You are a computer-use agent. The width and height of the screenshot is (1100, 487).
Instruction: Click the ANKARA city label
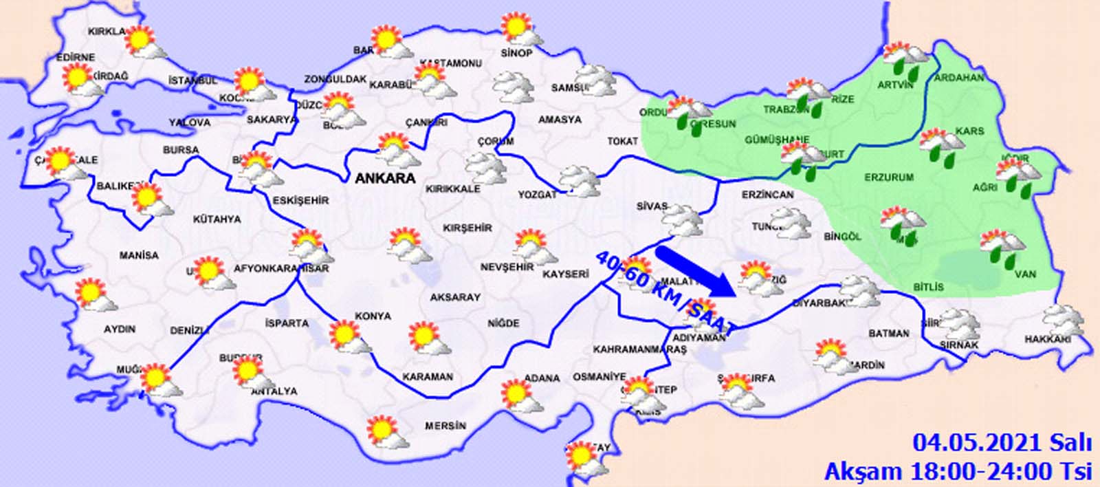385,178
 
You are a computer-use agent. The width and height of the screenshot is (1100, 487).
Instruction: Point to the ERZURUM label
889,177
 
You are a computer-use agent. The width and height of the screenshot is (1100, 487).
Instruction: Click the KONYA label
373,316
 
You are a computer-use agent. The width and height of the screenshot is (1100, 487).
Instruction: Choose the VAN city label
1025,274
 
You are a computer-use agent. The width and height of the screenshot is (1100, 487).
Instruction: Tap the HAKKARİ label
1048,339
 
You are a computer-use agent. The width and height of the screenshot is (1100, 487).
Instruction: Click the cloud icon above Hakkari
1063,320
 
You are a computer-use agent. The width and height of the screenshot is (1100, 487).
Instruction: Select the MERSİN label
445,426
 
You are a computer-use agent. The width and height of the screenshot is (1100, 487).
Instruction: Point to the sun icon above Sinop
517,29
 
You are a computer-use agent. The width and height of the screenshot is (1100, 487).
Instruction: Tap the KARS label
969,131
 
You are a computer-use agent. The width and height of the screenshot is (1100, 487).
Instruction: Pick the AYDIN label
120,329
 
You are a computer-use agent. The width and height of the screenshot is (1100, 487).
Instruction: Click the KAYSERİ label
566,274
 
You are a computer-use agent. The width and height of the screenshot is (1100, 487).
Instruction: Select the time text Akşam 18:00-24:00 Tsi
958,471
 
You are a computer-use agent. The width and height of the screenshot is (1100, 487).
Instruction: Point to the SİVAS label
652,206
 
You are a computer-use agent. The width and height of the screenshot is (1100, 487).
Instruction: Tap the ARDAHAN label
959,78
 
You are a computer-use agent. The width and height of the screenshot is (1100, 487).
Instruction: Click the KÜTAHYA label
217,219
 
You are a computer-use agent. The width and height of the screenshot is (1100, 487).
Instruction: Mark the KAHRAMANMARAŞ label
640,349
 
